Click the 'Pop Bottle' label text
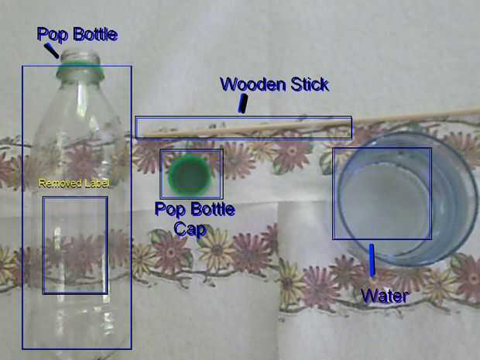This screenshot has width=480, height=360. tap(77, 34)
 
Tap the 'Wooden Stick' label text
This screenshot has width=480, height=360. tap(275, 84)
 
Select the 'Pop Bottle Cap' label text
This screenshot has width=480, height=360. tap(195, 218)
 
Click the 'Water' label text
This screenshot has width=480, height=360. tap(385, 295)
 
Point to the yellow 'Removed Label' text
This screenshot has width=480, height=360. tap(74, 183)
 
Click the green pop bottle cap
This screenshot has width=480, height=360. tap(190, 175)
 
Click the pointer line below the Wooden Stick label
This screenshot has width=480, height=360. tap(243, 104)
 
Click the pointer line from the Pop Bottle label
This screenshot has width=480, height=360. tap(52, 51)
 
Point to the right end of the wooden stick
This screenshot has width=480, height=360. tap(474, 111)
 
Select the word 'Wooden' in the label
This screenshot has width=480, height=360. tap(248, 84)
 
